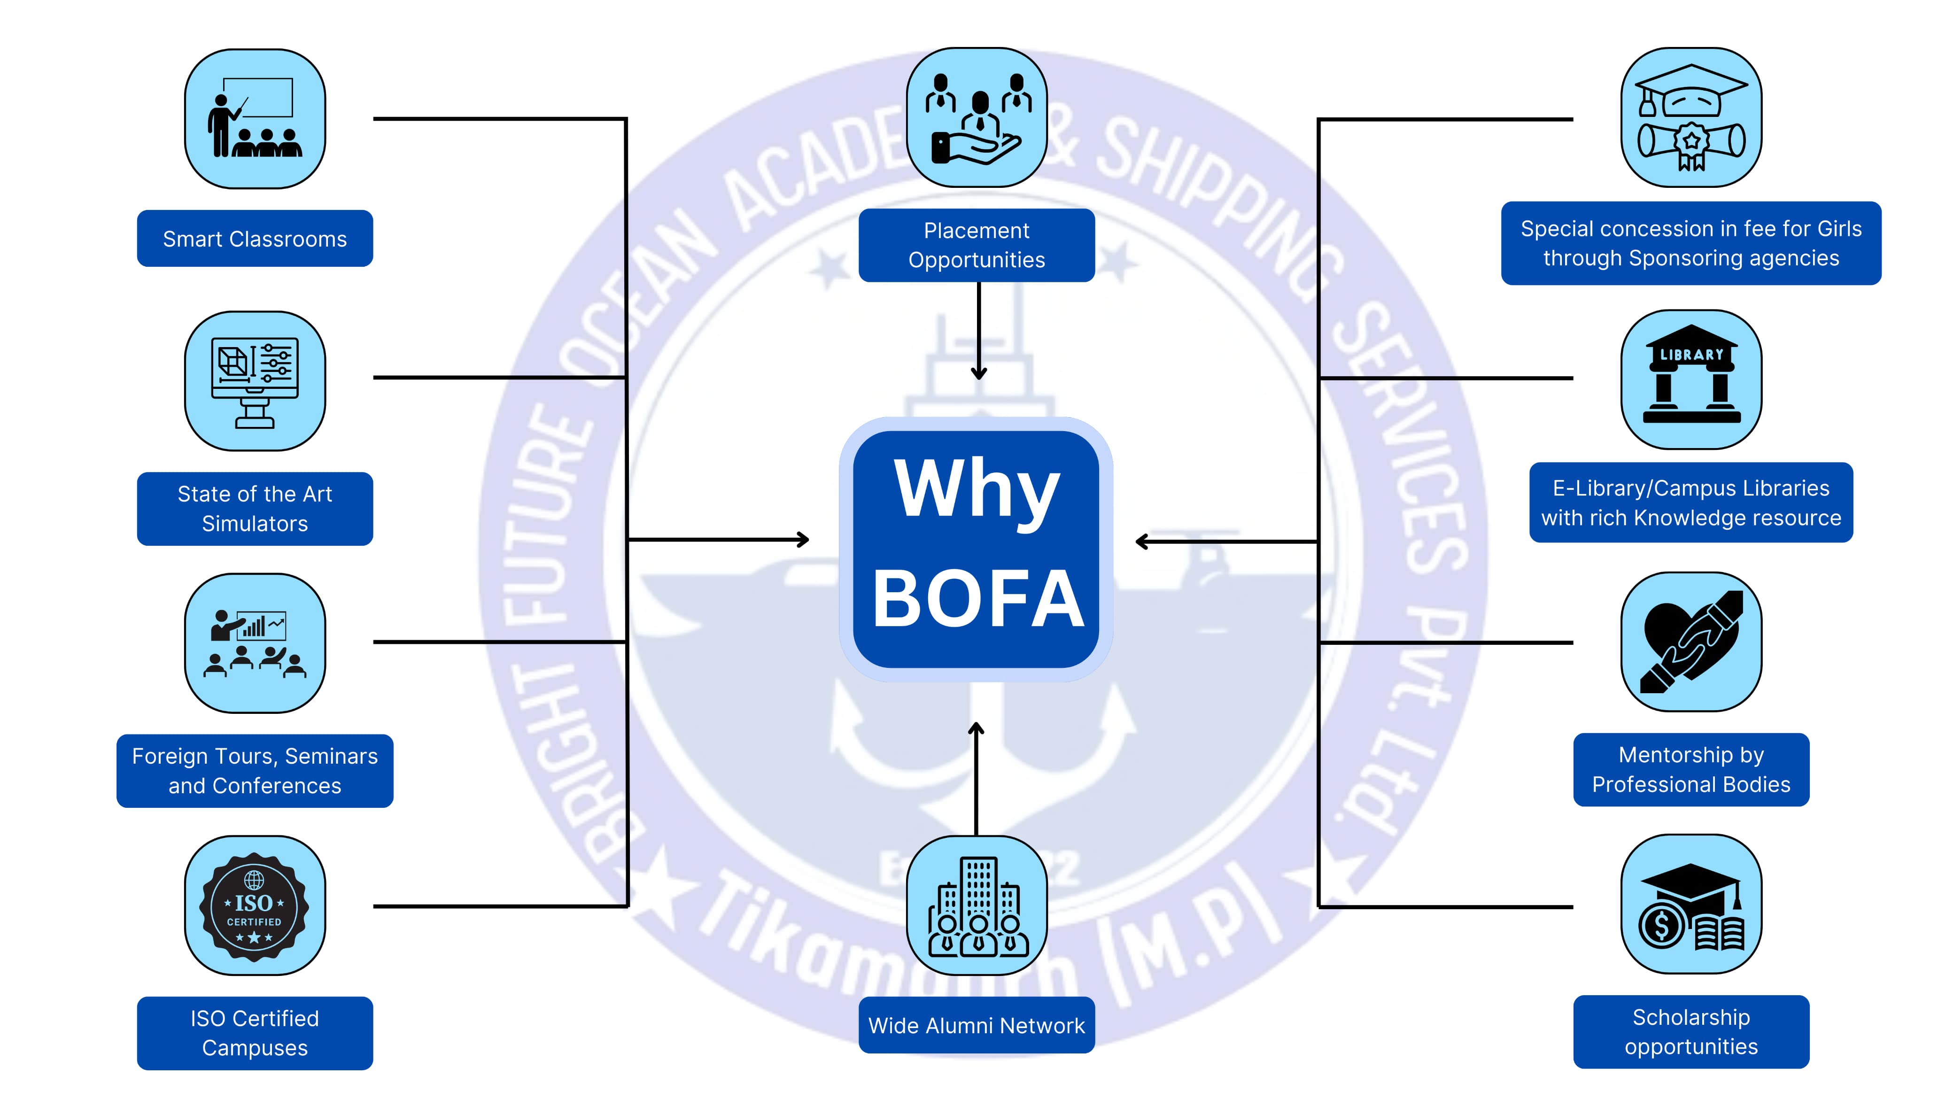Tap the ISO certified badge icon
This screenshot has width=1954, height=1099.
(x=254, y=906)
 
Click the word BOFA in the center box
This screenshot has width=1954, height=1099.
(x=977, y=599)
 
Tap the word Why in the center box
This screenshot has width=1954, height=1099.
(x=977, y=489)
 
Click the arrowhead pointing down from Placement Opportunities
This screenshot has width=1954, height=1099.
(x=978, y=373)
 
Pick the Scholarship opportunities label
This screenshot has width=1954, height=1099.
(x=1691, y=1031)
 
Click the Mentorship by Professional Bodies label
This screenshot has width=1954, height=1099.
(x=1691, y=769)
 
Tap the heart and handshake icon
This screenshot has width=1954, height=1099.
(x=1691, y=642)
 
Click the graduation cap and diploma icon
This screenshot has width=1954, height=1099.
(x=1691, y=117)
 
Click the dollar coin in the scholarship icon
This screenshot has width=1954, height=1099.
(x=1660, y=925)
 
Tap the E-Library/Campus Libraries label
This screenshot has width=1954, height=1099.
(x=1691, y=503)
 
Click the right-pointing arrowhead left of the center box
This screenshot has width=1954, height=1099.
(x=803, y=540)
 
